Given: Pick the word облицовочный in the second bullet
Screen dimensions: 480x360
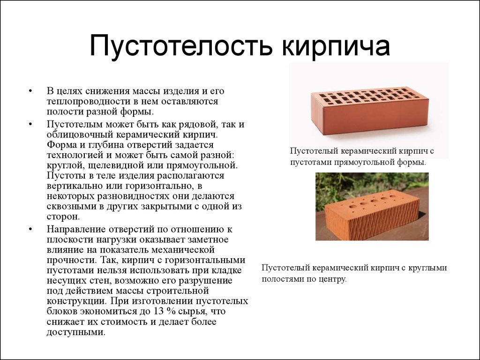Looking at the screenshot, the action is click(x=80, y=135).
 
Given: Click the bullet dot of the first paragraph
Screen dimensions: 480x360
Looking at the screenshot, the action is click(x=30, y=91).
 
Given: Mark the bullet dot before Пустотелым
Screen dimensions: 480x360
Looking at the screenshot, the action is click(x=30, y=125).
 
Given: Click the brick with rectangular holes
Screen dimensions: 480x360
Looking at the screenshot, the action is click(x=370, y=110).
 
